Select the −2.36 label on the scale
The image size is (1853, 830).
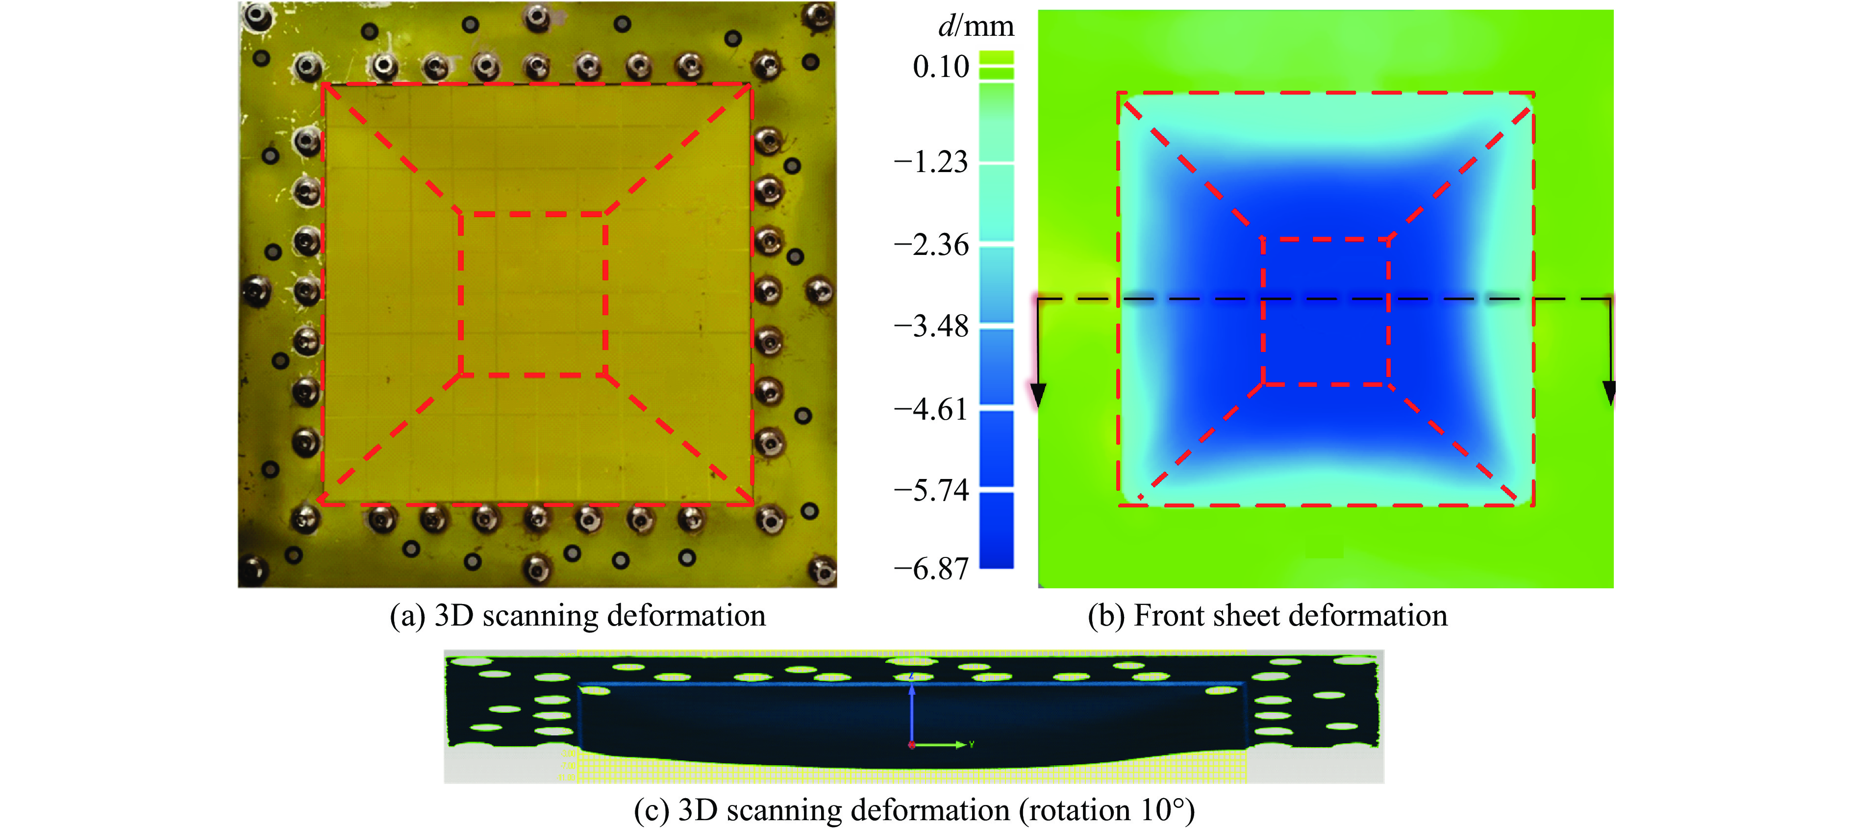pos(931,245)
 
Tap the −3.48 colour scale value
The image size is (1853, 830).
pos(931,327)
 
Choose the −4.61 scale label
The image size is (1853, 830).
pos(931,409)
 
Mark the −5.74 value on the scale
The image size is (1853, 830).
pos(931,491)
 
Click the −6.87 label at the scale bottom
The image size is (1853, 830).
pos(931,569)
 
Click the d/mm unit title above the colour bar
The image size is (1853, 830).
pos(976,26)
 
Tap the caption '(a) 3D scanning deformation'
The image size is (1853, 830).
pos(577,616)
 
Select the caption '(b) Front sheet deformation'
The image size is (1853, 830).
pos(1268,616)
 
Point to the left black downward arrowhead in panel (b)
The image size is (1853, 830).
pos(1037,394)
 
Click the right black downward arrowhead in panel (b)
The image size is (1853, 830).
pos(1609,393)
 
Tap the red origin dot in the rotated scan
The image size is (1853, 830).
pos(911,744)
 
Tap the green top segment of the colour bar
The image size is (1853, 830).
pos(996,57)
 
